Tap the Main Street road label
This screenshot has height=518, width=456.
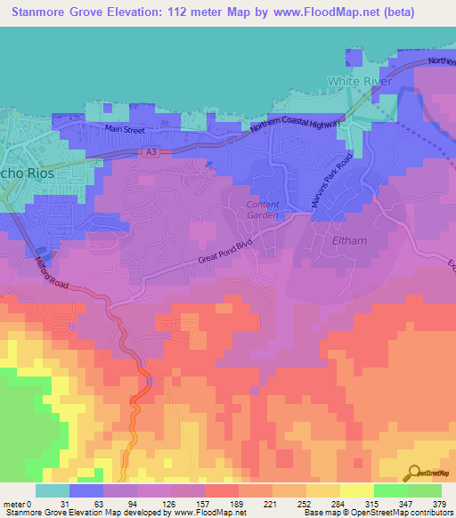pyautogui.click(x=125, y=130)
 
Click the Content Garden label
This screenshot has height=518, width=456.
pyautogui.click(x=263, y=209)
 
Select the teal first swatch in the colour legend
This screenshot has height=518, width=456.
pyautogui.click(x=53, y=490)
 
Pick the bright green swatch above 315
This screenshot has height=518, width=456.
pyautogui.click(x=391, y=490)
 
